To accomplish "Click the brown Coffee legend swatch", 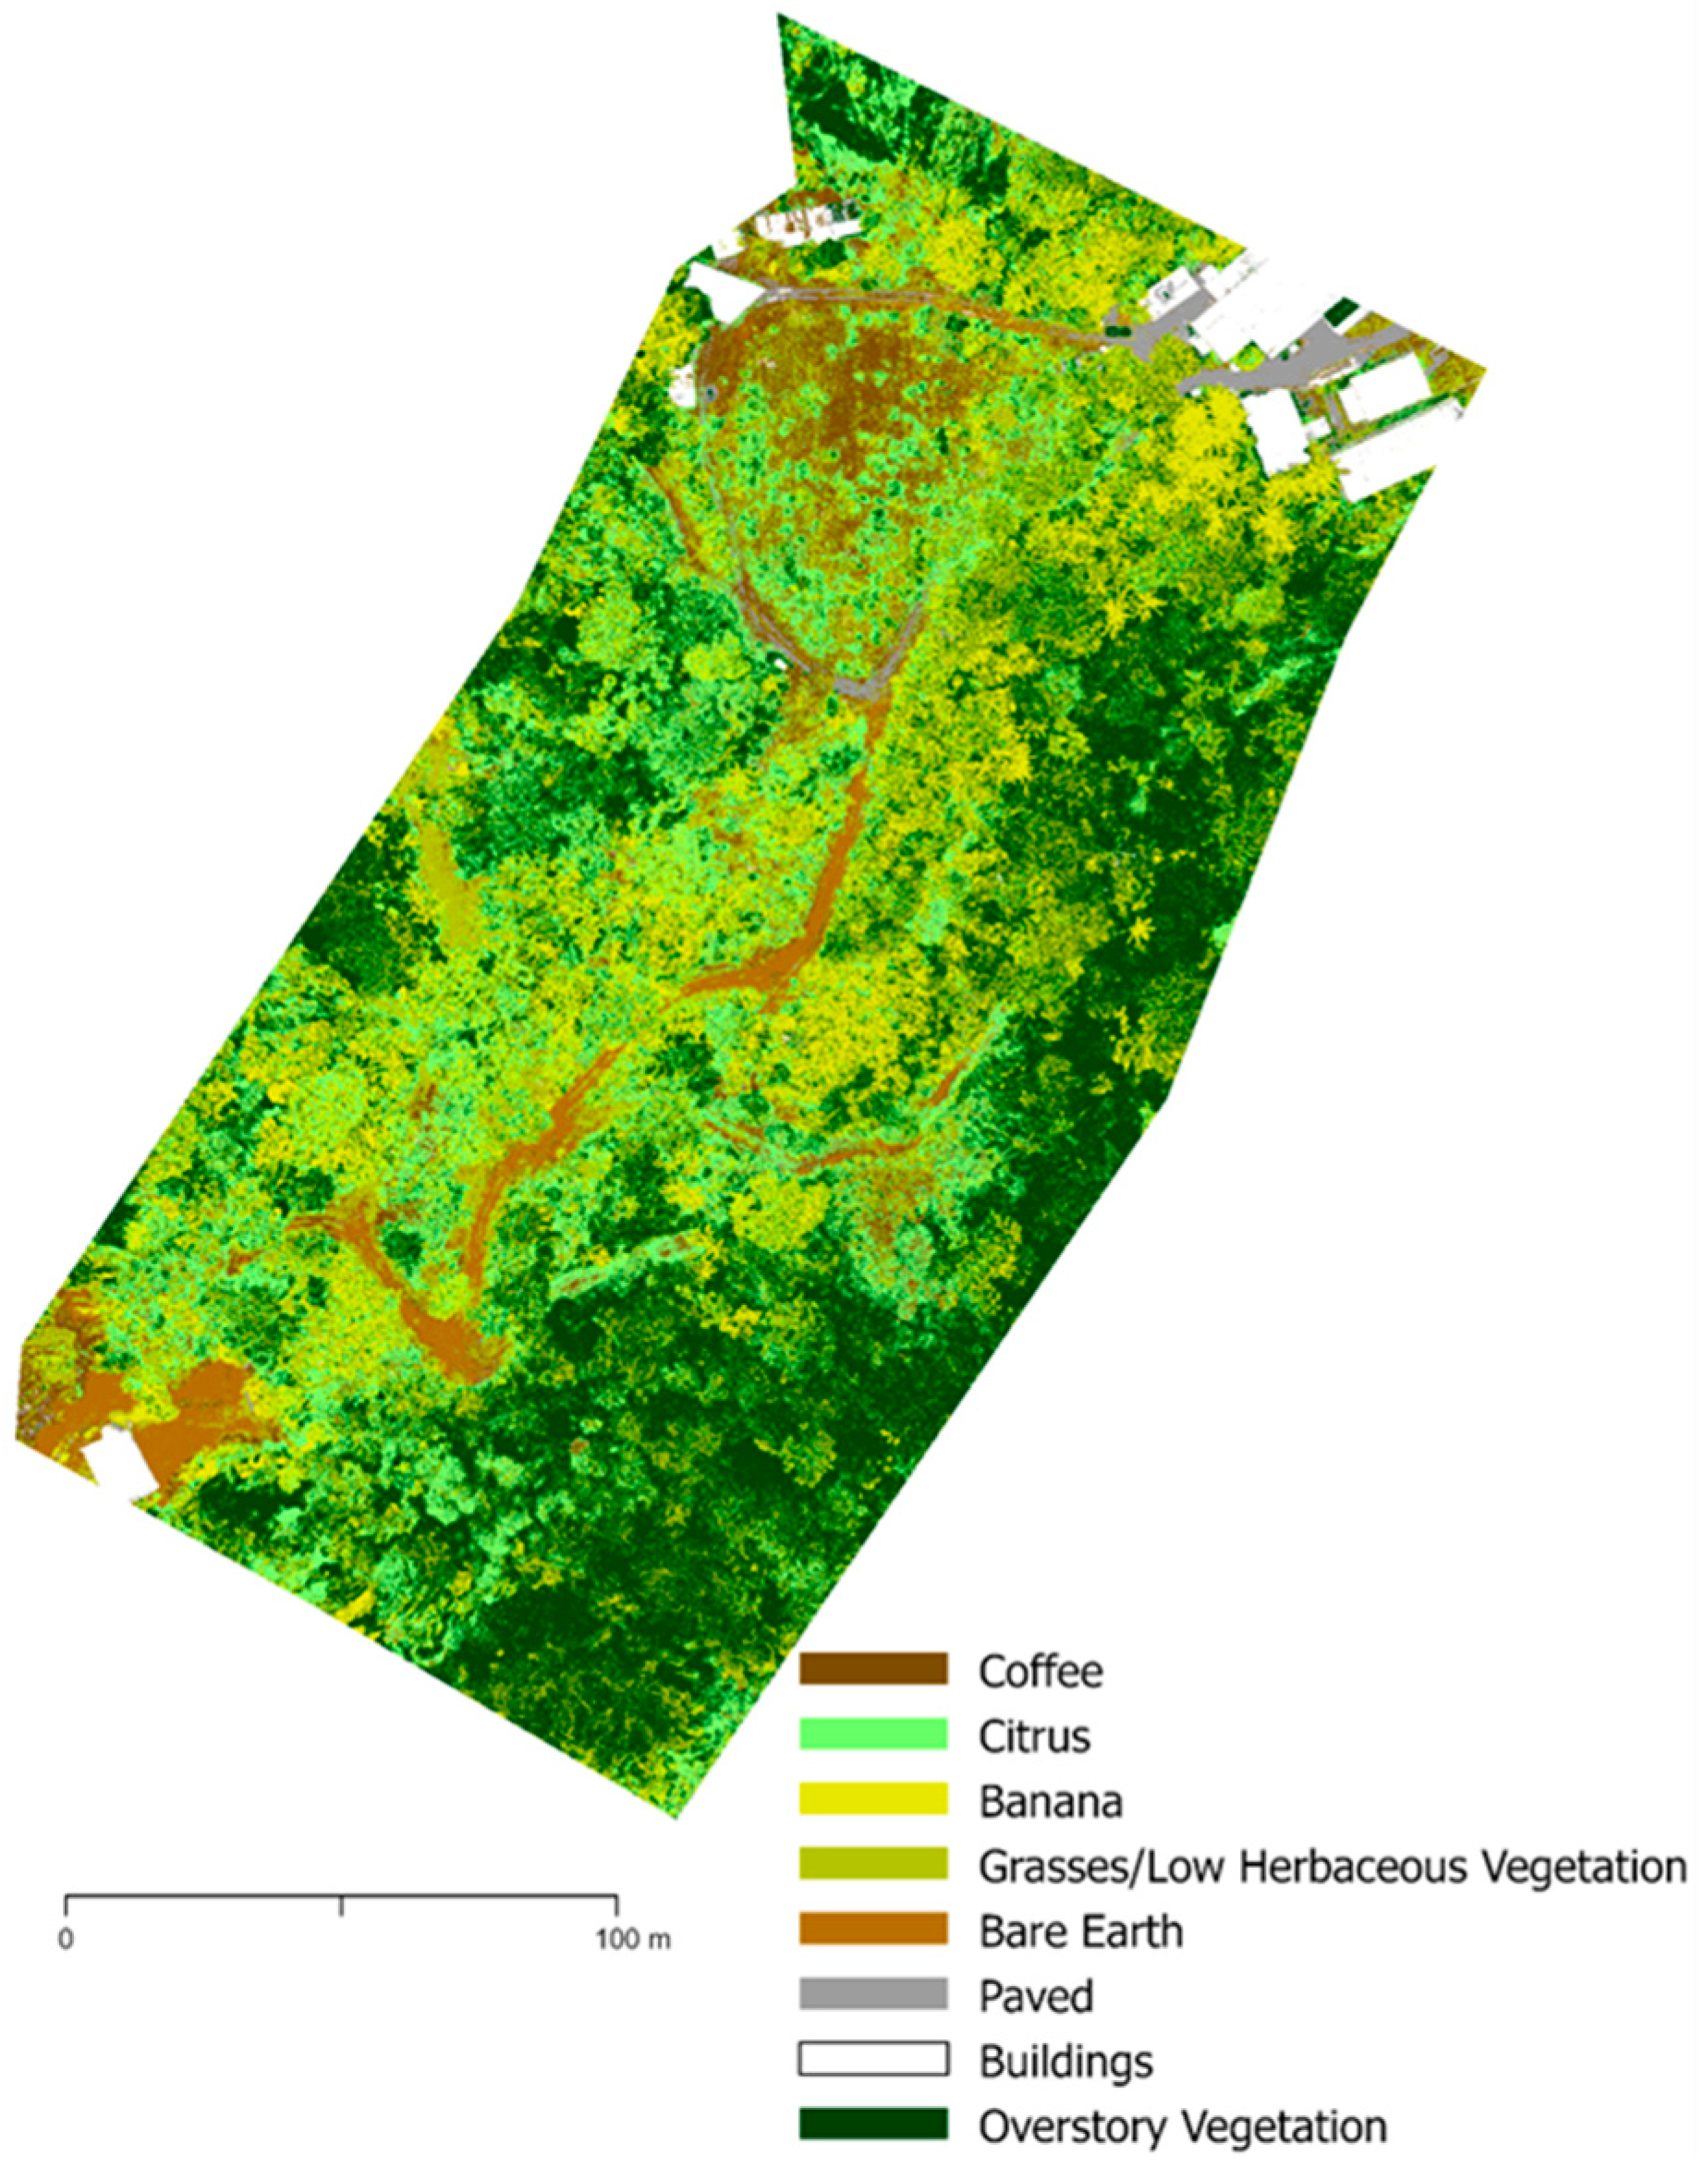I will (873, 1669).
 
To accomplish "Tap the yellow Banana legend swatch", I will (873, 1800).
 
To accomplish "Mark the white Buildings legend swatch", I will (873, 2059).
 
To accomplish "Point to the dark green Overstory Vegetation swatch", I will (873, 2124).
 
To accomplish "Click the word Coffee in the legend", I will (1041, 1670).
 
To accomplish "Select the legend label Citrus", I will (1035, 1736).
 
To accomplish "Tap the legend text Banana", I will (1051, 1801).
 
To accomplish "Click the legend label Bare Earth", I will (1081, 1931).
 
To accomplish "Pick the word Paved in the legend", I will (1036, 1996).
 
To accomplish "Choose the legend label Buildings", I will (1065, 2061).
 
